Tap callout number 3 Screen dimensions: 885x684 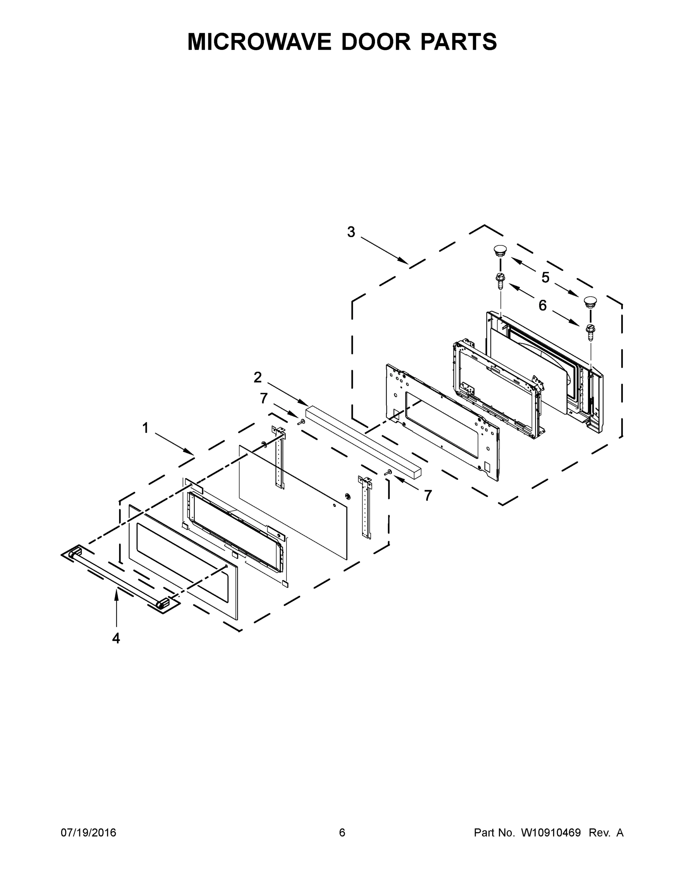coord(351,232)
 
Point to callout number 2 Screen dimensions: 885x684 coord(258,377)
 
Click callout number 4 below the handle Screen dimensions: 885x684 coord(116,639)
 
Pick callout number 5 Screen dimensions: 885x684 coord(545,278)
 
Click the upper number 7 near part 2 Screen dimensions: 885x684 coord(264,399)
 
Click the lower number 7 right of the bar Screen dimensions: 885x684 coord(428,495)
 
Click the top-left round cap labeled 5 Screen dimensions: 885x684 coord(501,250)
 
